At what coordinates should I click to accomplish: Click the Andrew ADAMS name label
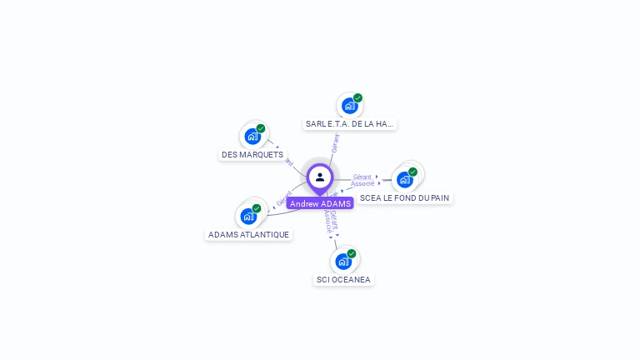(x=320, y=203)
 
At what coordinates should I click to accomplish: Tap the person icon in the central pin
(x=320, y=177)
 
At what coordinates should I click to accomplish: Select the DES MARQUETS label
(x=252, y=154)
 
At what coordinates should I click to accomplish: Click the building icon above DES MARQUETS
(x=252, y=137)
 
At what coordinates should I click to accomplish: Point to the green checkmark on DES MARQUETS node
(x=261, y=128)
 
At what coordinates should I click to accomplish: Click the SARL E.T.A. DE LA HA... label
(x=349, y=123)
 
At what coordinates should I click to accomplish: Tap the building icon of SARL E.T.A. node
(x=349, y=106)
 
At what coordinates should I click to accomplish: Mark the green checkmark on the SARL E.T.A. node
(x=357, y=97)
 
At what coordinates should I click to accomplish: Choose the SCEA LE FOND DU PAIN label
(x=404, y=197)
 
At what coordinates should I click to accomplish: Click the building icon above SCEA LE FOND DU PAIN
(x=404, y=179)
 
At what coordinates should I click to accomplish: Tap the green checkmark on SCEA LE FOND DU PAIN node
(x=412, y=172)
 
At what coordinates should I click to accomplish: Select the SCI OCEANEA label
(x=343, y=279)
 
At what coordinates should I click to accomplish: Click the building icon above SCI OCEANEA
(x=343, y=261)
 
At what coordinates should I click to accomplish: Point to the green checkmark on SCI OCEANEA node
(x=352, y=253)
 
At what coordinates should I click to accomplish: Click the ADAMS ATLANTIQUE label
(x=249, y=234)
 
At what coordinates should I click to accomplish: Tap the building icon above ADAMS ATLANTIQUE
(x=248, y=216)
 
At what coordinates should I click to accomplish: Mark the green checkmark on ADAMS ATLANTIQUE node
(x=257, y=208)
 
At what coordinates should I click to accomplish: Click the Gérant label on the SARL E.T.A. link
(x=335, y=143)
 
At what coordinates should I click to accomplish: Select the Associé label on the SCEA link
(x=362, y=183)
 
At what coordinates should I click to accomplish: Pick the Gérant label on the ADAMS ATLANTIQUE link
(x=283, y=201)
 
